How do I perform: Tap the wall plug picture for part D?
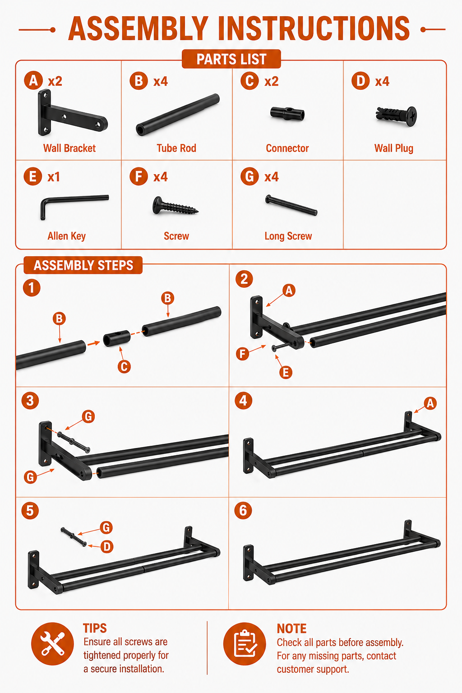[x=397, y=116]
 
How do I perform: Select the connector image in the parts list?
[x=287, y=114]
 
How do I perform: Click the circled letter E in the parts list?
[x=33, y=176]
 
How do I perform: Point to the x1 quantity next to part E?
[x=54, y=177]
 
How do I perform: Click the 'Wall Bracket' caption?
[x=69, y=148]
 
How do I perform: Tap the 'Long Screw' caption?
[x=288, y=236]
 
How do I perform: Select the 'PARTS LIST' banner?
[x=231, y=59]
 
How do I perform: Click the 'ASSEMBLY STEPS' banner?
[x=83, y=265]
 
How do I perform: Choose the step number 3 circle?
[x=30, y=401]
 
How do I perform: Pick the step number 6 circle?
[x=243, y=510]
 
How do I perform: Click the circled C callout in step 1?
[x=124, y=367]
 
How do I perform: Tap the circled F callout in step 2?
[x=243, y=354]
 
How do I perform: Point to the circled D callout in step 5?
[x=107, y=547]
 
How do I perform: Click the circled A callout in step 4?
[x=430, y=403]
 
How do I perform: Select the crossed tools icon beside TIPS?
[x=53, y=644]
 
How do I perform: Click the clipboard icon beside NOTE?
[x=245, y=644]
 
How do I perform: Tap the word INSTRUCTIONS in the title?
[x=314, y=28]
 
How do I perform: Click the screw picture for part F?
[x=175, y=205]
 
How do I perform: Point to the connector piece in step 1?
[x=117, y=338]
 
